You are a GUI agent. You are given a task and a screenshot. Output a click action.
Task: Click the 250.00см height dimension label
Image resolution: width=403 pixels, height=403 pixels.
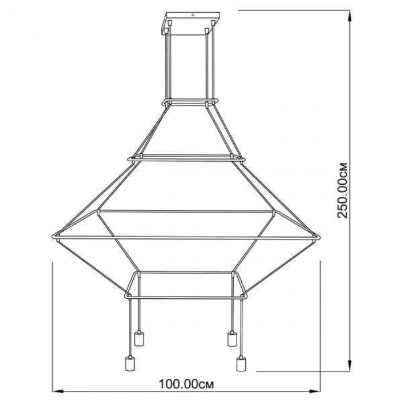[343, 191]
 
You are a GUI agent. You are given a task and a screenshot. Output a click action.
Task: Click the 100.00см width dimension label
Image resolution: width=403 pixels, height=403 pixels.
[186, 385]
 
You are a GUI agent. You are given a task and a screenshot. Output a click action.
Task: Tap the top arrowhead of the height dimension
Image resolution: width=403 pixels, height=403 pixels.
[349, 16]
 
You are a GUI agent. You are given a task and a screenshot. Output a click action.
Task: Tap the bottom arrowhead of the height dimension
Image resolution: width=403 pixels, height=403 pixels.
[349, 365]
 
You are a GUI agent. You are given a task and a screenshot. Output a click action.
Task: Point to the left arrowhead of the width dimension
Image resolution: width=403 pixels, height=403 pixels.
[58, 391]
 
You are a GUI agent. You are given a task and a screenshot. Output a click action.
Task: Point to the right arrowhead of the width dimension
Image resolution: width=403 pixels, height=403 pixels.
[315, 391]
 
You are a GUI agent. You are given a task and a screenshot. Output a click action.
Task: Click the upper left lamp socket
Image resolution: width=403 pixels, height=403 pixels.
[139, 338]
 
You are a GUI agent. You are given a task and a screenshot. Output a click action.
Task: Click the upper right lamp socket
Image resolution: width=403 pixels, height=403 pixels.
[232, 338]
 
